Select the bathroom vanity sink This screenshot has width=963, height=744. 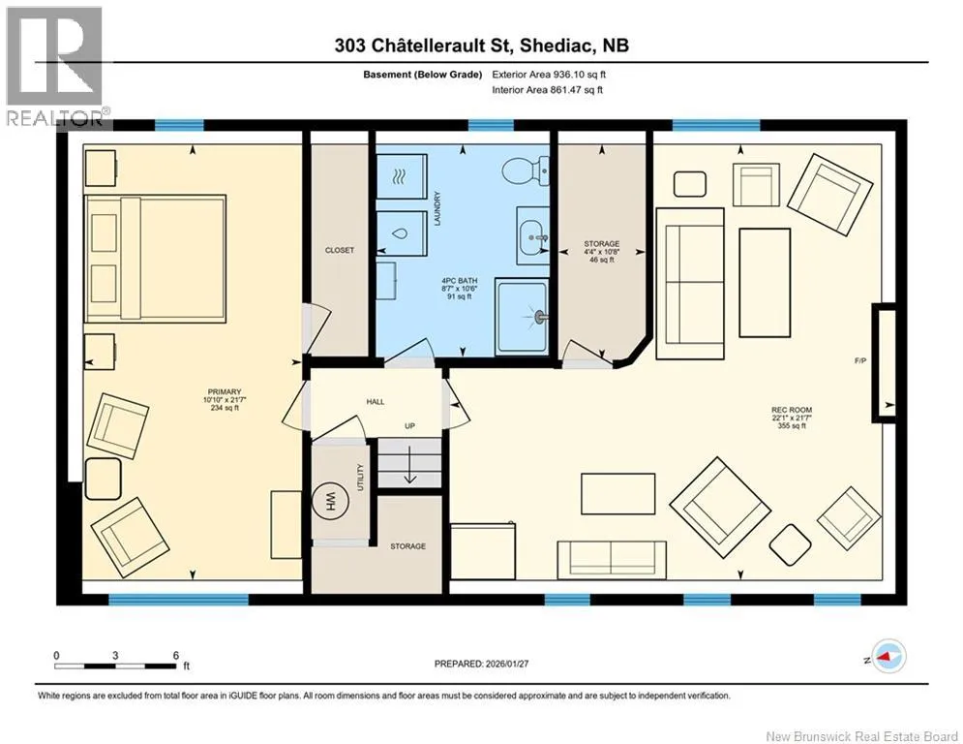[x=532, y=235]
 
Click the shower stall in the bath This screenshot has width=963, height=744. [x=522, y=318]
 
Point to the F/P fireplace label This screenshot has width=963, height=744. [x=859, y=361]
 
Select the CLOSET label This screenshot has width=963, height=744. [x=340, y=250]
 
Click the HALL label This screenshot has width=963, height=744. [x=376, y=401]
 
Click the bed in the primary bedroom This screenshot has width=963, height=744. [x=155, y=259]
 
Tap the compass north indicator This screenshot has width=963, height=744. [x=889, y=656]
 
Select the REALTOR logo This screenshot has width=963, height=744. [x=53, y=66]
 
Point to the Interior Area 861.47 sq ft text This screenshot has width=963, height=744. [x=547, y=90]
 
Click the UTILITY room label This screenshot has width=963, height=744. [x=360, y=478]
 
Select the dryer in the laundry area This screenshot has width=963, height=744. [x=401, y=176]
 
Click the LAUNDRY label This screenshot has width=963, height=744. [x=437, y=208]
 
